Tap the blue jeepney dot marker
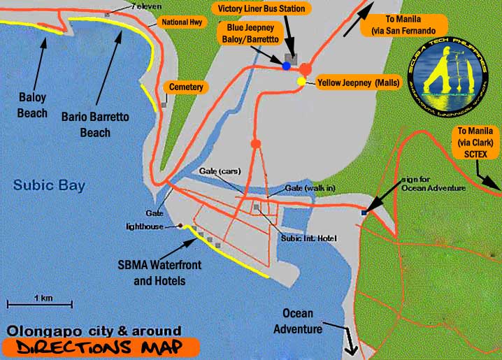coord(286,66)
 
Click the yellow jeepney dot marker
coord(301,82)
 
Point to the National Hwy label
coord(180,22)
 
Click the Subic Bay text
coord(49,186)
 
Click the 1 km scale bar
coord(40,302)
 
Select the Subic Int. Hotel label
coord(303,238)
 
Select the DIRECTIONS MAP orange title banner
coord(99,347)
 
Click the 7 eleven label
coord(142,6)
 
